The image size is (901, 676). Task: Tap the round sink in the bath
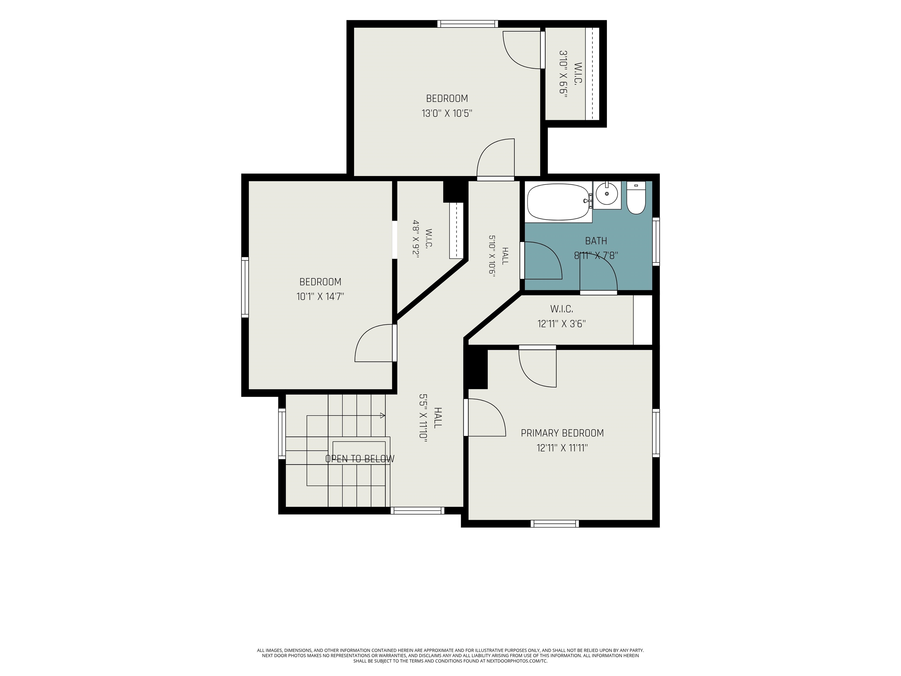(x=607, y=194)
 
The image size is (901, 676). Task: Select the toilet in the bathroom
(x=636, y=198)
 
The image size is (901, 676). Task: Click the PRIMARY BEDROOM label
(x=562, y=433)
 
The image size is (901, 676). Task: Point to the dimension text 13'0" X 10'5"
(x=447, y=113)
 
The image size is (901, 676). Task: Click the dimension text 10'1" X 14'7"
(x=320, y=296)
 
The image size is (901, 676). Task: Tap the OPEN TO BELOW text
(x=360, y=459)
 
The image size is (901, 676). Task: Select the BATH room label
(x=596, y=241)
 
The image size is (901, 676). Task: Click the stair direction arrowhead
(x=382, y=416)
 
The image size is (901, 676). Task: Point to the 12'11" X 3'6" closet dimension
(x=562, y=324)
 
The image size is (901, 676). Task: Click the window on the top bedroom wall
(x=468, y=24)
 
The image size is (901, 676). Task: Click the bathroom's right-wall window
(x=656, y=242)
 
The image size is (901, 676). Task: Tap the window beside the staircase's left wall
(x=282, y=433)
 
